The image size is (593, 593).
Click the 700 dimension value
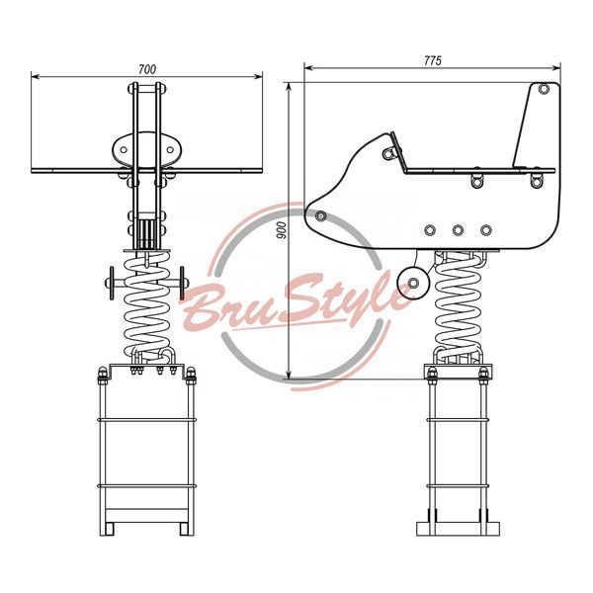tap(146, 69)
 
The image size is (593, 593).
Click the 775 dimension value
tap(432, 61)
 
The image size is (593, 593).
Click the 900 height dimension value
tap(282, 230)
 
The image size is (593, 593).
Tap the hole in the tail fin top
tap(544, 89)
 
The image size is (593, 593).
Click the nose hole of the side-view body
tap(321, 216)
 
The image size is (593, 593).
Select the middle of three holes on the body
tap(458, 230)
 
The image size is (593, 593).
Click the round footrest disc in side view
tap(413, 283)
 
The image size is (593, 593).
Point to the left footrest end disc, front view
tap(112, 283)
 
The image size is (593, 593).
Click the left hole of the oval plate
tap(124, 150)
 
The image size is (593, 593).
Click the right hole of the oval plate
tap(170, 150)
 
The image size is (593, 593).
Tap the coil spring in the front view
tap(147, 306)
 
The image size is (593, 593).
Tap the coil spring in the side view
tap(459, 306)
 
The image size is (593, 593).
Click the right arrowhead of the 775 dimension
tap(556, 68)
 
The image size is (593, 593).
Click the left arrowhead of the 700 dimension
tap(36, 77)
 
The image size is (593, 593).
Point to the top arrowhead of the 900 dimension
tap(290, 87)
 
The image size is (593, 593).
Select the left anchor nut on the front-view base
tap(103, 374)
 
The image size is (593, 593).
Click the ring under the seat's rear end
tap(536, 181)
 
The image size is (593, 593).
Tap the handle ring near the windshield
tap(388, 153)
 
